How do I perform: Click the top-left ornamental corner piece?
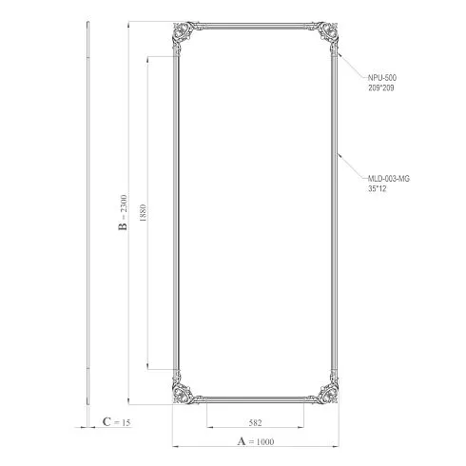coord(184,33)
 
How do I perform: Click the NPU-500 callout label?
coord(382,78)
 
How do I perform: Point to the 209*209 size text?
coord(381,87)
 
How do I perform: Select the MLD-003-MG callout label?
coord(389,179)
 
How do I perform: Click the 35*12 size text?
coord(378,188)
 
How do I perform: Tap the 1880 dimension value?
coord(143,213)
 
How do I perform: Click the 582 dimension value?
coord(256,422)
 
